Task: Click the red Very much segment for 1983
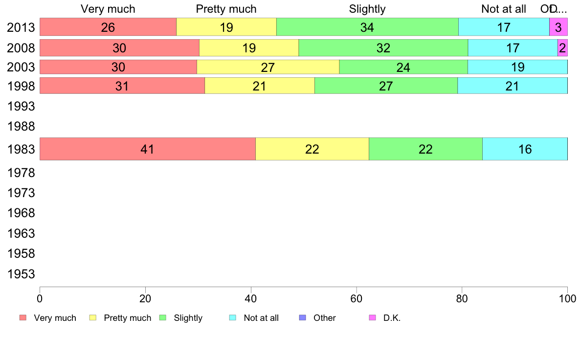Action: point(147,149)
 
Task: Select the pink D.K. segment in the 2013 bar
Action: point(558,27)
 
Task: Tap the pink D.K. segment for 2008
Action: point(562,48)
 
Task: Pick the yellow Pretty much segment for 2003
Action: point(268,67)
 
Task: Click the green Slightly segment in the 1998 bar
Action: point(386,86)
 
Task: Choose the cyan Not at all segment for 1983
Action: point(525,149)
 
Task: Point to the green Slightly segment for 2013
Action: point(367,27)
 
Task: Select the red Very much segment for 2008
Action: point(119,48)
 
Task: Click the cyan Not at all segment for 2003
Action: point(517,67)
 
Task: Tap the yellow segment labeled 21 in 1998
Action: point(260,86)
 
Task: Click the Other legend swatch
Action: point(302,318)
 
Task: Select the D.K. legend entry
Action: point(392,318)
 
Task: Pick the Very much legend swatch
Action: point(23,318)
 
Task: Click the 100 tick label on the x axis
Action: point(567,297)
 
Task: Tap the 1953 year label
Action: point(21,274)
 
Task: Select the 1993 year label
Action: point(21,106)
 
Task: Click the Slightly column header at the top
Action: point(367,9)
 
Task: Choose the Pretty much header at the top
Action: point(226,9)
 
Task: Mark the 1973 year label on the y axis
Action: point(21,193)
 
